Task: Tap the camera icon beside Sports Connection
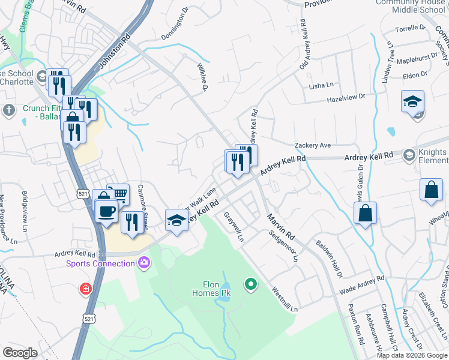coord(143,262)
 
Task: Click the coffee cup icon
coord(107,212)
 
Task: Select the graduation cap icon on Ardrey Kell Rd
coord(176,220)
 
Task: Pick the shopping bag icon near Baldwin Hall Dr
coord(365,213)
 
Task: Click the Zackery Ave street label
coord(313,145)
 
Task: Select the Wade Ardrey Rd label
coord(361,285)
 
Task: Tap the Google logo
coord(20,353)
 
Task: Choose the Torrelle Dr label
coord(411,28)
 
